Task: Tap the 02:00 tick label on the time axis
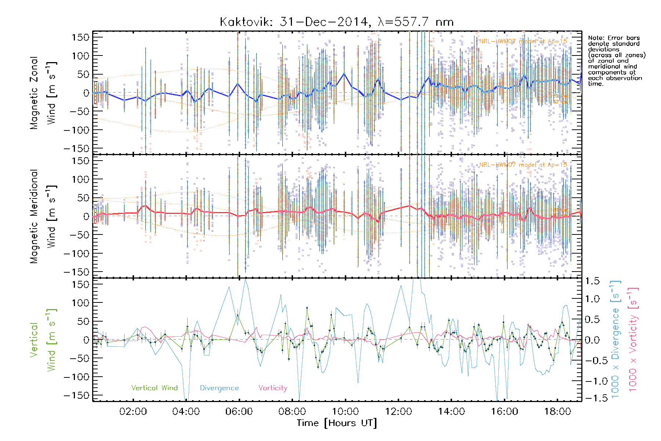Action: point(133,411)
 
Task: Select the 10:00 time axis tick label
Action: point(345,411)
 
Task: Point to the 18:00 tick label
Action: point(557,411)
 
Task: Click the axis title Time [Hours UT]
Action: point(336,423)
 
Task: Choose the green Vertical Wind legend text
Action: point(154,388)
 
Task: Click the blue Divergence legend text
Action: point(219,388)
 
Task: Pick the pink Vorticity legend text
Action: point(272,388)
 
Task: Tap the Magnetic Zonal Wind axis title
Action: point(43,93)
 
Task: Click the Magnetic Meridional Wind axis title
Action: point(43,216)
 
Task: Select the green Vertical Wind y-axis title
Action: point(43,340)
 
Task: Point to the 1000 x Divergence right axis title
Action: point(615,340)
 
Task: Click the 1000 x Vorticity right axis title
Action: point(633,340)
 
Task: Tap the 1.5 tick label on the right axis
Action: point(592,281)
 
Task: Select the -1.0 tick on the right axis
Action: point(592,381)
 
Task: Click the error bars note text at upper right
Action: point(616,61)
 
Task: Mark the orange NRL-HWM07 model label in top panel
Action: point(523,41)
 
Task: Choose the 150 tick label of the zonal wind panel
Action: point(80,37)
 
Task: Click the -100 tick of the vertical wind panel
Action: point(76,377)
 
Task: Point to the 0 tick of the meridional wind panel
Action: point(86,216)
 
